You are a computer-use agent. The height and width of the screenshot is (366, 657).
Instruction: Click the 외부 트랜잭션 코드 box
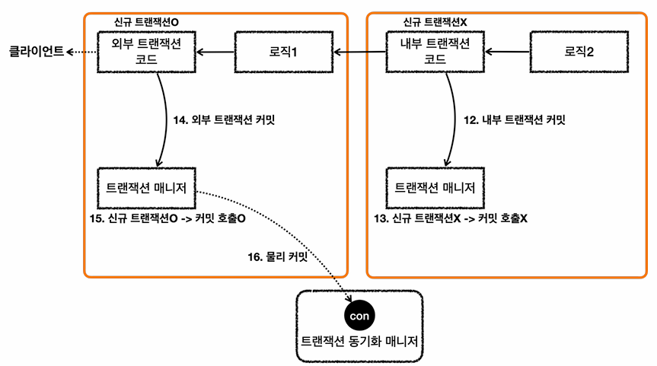(146, 53)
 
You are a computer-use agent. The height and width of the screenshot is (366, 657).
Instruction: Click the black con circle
(357, 315)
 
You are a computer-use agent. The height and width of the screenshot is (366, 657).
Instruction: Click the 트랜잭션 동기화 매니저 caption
(357, 342)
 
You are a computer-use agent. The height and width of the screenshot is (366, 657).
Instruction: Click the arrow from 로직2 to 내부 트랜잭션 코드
(508, 53)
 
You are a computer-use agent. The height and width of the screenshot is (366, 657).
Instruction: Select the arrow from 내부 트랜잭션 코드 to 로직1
(359, 53)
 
